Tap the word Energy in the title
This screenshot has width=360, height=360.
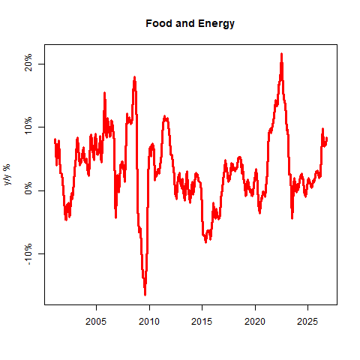(216, 24)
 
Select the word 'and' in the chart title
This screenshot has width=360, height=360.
(185, 23)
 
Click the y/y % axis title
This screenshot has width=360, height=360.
(7, 175)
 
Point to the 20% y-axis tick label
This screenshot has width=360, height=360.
(28, 62)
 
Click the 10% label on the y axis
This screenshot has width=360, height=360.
(28, 125)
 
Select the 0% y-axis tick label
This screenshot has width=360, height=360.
(28, 188)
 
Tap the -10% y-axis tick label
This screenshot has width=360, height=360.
(28, 254)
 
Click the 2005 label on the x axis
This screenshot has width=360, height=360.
(96, 322)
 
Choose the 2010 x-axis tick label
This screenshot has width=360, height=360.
(149, 322)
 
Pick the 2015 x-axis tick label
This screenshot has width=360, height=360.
(202, 322)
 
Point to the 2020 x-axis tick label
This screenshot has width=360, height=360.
(255, 322)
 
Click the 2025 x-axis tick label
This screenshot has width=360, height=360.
(307, 322)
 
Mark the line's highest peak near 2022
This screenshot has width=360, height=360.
(281, 54)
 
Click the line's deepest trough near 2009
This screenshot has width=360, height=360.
(145, 295)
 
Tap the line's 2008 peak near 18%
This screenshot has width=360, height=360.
(134, 77)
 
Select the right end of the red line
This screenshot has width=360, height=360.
(327, 138)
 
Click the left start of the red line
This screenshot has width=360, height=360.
(55, 139)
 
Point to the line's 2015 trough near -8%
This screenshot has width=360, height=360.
(205, 242)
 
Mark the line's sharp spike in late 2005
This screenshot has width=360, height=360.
(104, 93)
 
